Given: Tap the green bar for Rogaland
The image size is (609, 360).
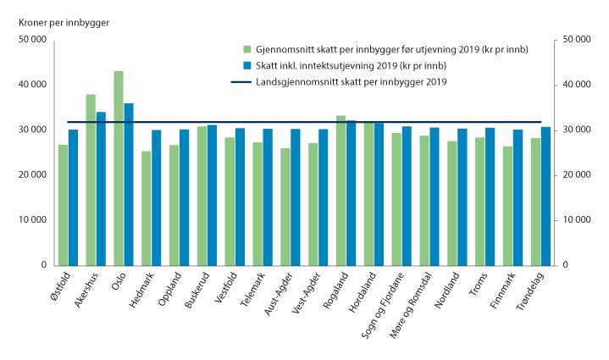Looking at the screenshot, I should coord(340,190).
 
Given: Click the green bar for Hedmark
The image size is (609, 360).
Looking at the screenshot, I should coord(147,208).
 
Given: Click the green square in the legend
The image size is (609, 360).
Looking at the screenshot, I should coord(246,50).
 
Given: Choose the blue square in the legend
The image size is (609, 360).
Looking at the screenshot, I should coord(246,65).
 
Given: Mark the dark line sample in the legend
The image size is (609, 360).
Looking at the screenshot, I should coord(246,81).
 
